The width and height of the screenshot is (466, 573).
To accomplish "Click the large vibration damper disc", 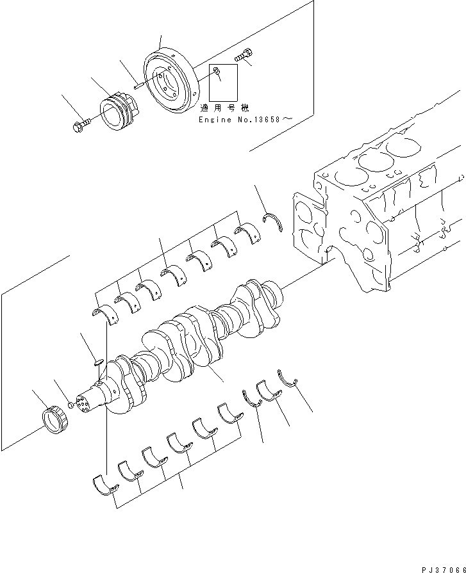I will pos(168,80).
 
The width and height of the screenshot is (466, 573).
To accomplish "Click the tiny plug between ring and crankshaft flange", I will pos(69,405).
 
